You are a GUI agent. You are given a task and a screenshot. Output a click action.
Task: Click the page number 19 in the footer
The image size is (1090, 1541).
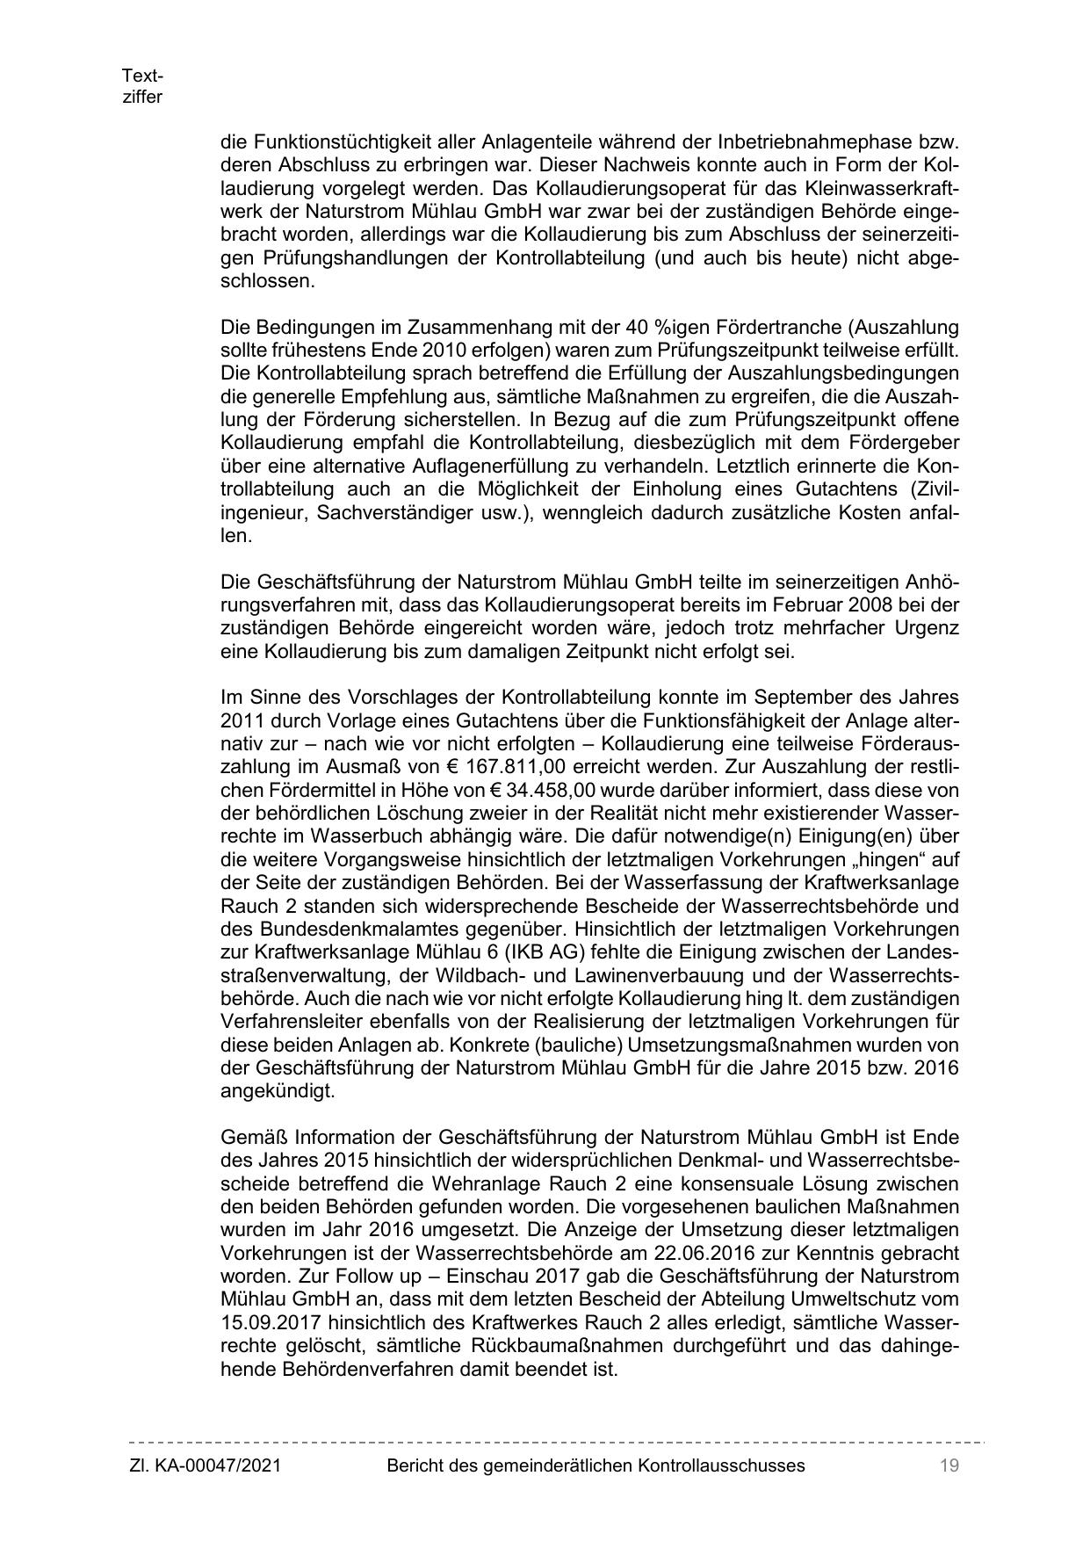coord(948,1465)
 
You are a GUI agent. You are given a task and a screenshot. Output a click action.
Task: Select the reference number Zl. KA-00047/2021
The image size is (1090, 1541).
coord(205,1465)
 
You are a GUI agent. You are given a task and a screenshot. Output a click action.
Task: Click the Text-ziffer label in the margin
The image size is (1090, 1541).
coord(142,86)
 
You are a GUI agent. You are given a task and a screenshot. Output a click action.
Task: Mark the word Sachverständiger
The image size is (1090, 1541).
coord(388,512)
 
